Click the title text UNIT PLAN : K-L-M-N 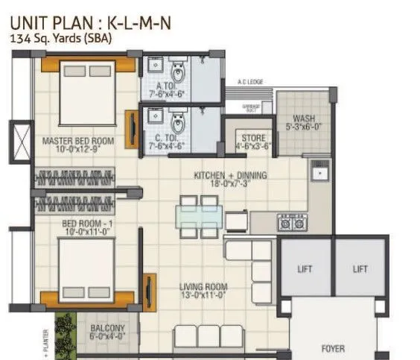tap(92, 22)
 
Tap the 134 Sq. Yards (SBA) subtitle tap(60, 40)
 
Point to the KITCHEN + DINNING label tap(230, 175)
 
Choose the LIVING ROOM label tap(203, 287)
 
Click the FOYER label tap(332, 347)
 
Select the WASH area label tap(303, 119)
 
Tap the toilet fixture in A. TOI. tap(177, 75)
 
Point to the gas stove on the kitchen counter tap(291, 222)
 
